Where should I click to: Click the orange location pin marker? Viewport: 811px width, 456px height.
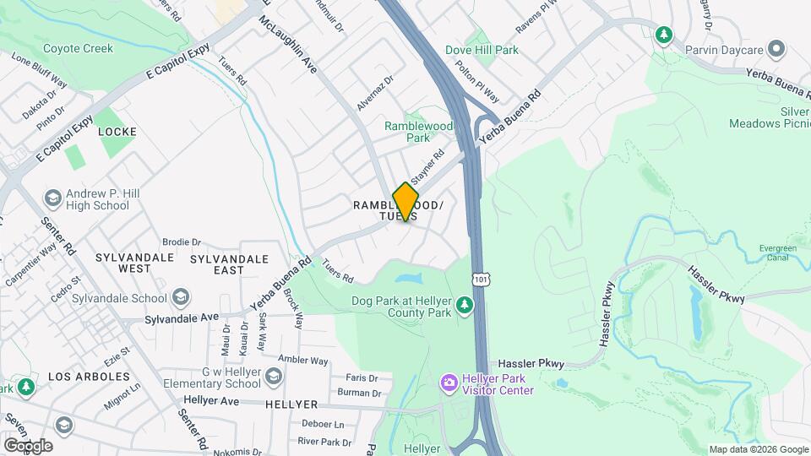click(406, 201)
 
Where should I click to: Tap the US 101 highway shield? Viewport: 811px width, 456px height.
click(481, 278)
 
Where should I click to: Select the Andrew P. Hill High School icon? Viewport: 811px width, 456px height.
click(52, 199)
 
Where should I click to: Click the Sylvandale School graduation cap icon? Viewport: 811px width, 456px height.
click(180, 297)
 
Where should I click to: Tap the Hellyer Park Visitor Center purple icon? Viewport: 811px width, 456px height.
click(449, 384)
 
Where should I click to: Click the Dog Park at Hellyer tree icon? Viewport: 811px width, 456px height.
click(464, 305)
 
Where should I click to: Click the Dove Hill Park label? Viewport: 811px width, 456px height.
click(505, 51)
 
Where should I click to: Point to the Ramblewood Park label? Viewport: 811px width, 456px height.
click(418, 132)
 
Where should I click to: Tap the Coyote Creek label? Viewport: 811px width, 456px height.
click(78, 49)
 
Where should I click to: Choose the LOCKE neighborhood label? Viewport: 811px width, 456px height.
click(117, 132)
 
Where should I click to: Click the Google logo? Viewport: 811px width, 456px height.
click(28, 445)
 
